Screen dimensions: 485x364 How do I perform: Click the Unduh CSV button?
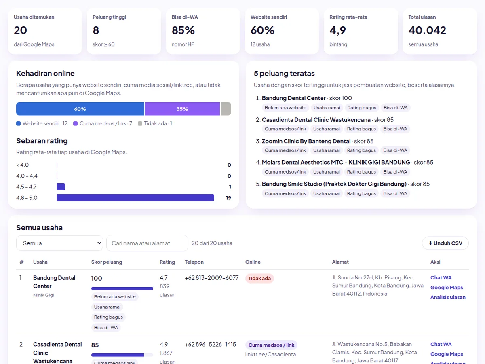(x=445, y=243)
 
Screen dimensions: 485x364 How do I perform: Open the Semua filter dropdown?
(x=59, y=243)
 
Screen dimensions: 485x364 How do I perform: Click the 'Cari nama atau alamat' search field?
(x=147, y=243)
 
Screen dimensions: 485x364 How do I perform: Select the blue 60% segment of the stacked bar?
(x=80, y=109)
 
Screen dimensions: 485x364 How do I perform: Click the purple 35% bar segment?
(x=182, y=109)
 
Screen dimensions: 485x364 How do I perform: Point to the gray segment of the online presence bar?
(x=226, y=109)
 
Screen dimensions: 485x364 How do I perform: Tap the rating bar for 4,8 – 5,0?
(x=135, y=198)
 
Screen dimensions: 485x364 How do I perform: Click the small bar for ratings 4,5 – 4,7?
(x=61, y=187)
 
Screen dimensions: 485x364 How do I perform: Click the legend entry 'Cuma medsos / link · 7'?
(x=103, y=123)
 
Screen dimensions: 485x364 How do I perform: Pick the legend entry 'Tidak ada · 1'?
(x=155, y=123)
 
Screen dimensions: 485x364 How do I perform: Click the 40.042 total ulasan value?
(x=427, y=30)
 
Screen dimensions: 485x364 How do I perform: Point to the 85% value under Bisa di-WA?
(x=183, y=30)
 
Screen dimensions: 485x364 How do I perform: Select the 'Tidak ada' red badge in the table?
(x=259, y=278)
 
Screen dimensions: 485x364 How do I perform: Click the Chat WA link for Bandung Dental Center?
(x=441, y=277)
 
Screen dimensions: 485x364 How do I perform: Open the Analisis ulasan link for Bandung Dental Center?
(x=448, y=297)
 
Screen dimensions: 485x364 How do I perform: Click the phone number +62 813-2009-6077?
(x=212, y=277)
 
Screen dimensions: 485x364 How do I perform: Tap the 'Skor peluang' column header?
(x=107, y=262)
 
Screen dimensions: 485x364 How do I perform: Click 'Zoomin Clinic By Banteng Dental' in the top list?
(x=306, y=141)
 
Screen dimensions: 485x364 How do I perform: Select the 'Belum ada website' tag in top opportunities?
(x=285, y=108)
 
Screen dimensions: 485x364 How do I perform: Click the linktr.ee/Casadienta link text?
(x=270, y=354)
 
